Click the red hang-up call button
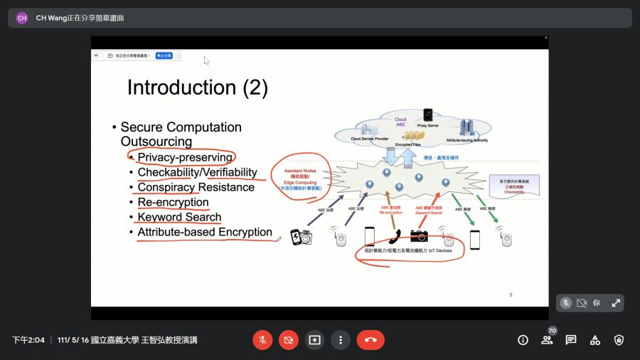370,340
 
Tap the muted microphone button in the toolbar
262,340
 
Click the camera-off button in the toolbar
288,340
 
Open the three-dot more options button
341,340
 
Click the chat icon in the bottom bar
571,340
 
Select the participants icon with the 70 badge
547,340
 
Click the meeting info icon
523,340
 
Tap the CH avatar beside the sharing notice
22,18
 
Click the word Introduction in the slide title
182,88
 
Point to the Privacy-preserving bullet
185,157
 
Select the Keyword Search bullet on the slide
179,217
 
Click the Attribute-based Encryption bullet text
205,232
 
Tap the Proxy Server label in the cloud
428,125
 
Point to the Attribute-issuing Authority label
467,140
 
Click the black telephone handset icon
394,235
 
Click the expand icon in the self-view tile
616,303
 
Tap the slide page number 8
511,295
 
